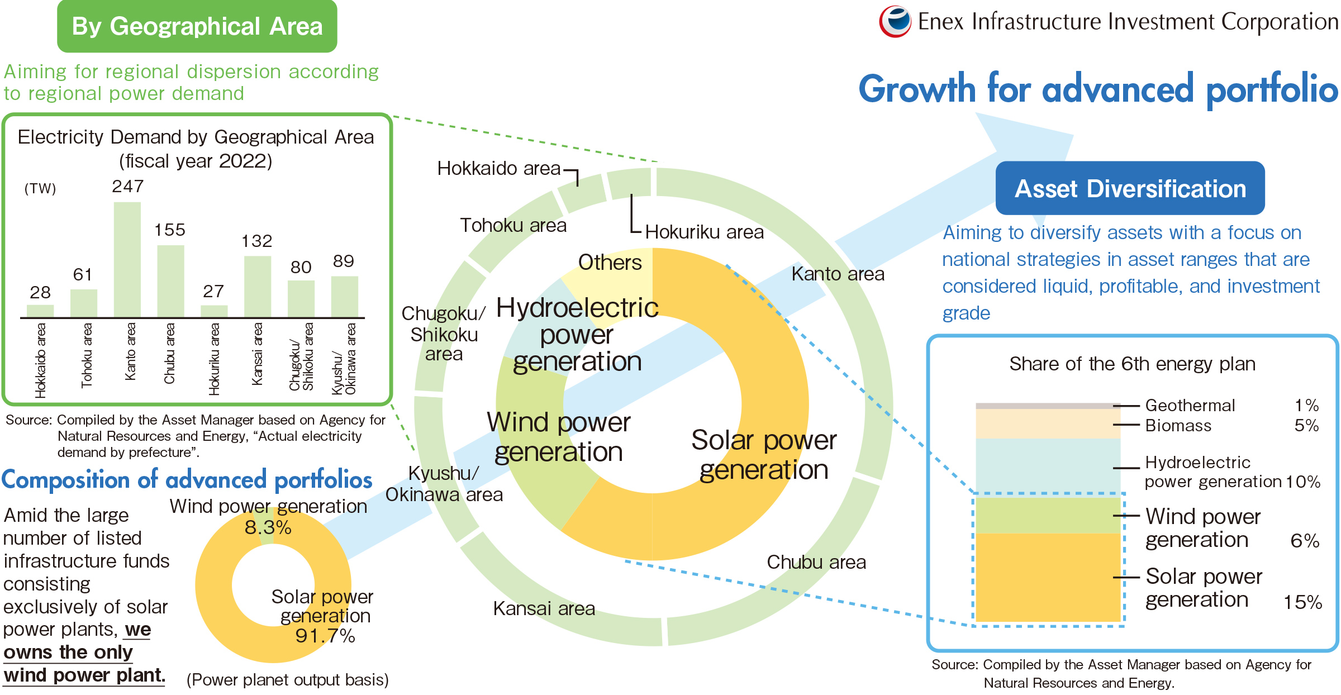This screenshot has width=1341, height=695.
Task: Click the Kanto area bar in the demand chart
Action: [127, 260]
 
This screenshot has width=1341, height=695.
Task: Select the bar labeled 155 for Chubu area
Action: [170, 282]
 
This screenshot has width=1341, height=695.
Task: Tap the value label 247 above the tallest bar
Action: [128, 186]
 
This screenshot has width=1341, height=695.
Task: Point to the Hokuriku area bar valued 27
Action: [214, 312]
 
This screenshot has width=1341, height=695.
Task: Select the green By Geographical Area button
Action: [197, 26]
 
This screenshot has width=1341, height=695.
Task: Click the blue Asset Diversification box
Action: [1130, 188]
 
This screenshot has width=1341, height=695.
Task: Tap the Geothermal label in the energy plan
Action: [1190, 405]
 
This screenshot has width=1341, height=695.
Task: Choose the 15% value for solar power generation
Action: [1302, 602]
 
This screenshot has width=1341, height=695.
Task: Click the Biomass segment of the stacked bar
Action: [1048, 424]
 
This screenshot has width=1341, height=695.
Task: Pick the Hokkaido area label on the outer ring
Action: [498, 168]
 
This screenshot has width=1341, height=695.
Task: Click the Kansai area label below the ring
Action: [544, 608]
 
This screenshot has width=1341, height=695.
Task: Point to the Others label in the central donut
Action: [610, 262]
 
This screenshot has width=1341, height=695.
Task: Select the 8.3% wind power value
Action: [268, 527]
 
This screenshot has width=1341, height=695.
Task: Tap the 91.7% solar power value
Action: [325, 636]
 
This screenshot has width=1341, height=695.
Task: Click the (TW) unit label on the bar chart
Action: [40, 188]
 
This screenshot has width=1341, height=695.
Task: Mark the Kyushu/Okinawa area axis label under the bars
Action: [344, 358]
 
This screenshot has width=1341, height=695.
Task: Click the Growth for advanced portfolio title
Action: [1099, 89]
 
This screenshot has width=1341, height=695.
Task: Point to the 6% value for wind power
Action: [1305, 541]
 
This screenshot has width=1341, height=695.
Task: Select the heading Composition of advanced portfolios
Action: [187, 480]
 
